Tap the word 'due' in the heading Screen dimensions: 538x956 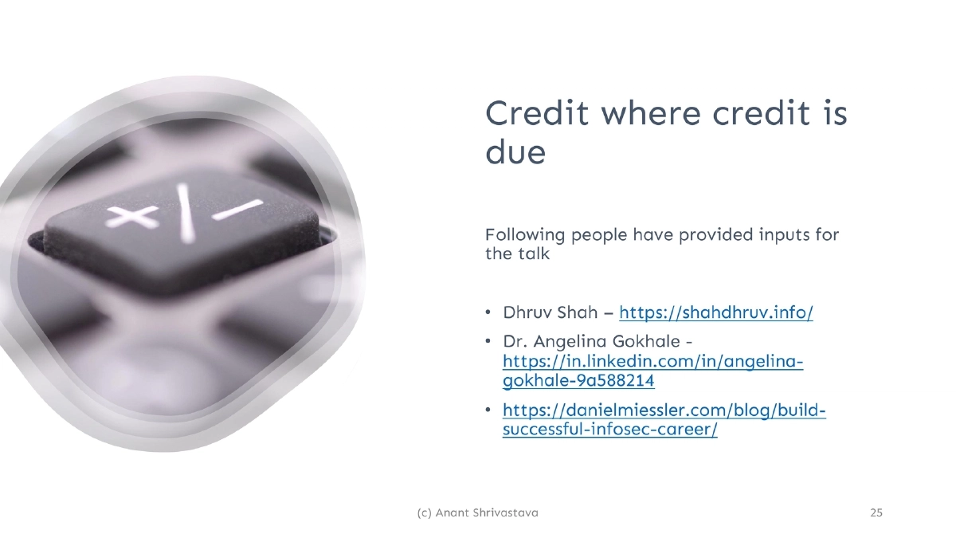(515, 151)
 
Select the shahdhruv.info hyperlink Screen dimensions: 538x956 (716, 312)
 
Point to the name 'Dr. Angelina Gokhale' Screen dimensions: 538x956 (594, 341)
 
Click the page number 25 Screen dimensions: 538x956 (876, 512)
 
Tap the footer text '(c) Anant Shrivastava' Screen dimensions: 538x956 (477, 512)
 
